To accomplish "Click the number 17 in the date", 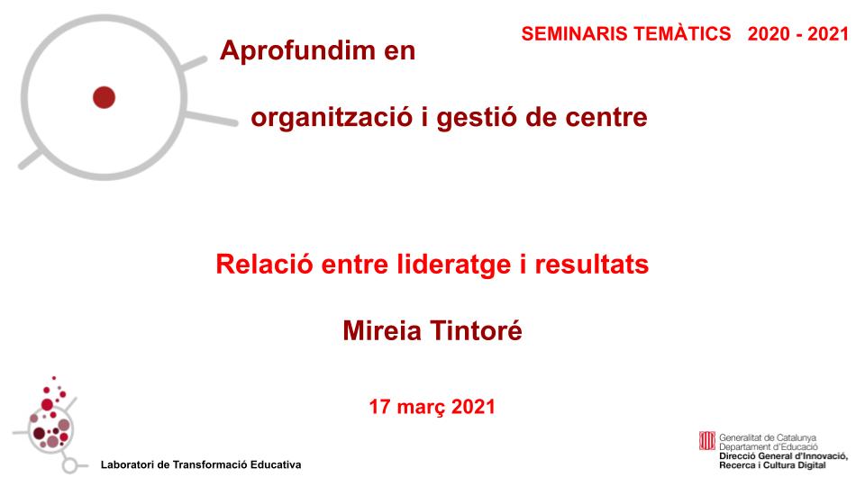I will point(379,407).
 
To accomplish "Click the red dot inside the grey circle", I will point(105,96).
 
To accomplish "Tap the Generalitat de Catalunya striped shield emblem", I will point(707,442).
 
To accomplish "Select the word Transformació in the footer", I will point(206,464).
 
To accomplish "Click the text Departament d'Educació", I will point(768,446).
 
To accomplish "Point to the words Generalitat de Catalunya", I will point(768,437).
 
